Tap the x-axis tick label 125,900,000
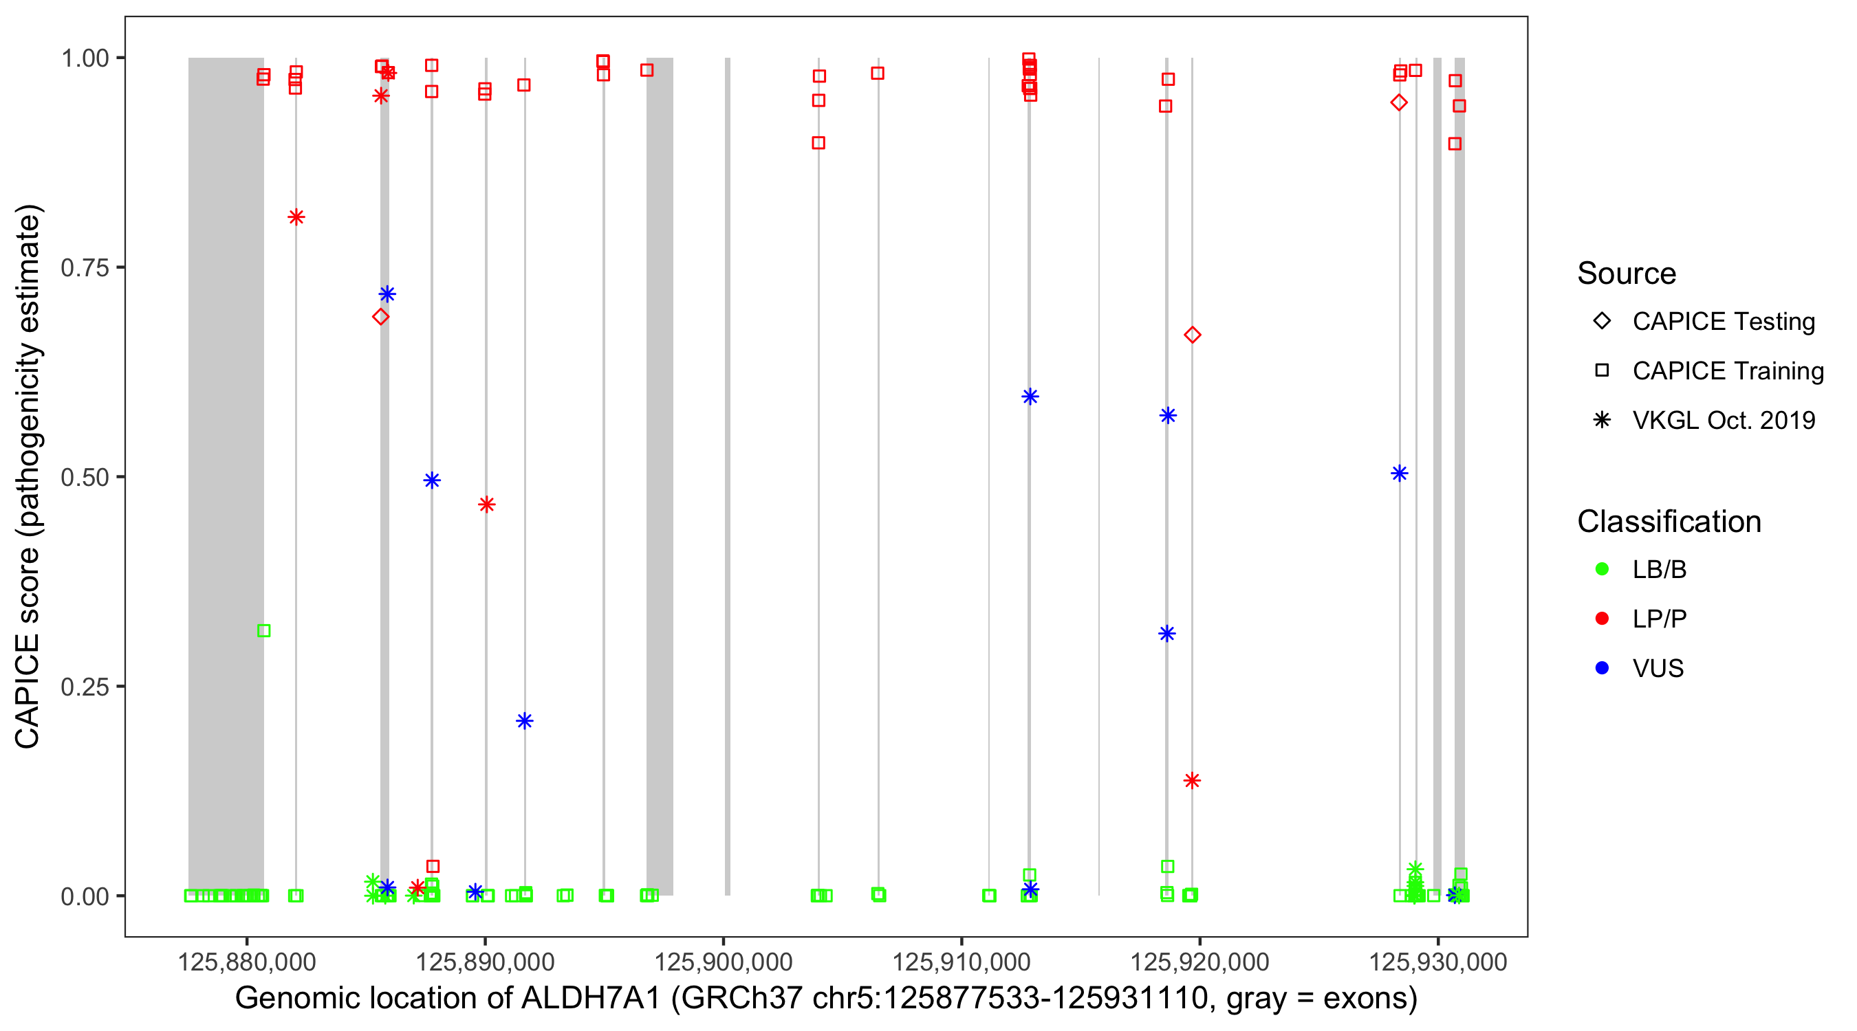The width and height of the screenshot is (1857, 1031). click(723, 962)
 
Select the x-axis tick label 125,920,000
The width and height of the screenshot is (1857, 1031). click(1199, 962)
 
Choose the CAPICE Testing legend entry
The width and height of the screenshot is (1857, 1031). click(1723, 322)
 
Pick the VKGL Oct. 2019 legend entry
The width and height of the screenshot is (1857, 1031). click(1723, 420)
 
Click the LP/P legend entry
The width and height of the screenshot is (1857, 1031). click(1659, 619)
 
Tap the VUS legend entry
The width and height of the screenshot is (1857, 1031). click(1658, 669)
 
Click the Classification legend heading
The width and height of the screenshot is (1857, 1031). click(1669, 522)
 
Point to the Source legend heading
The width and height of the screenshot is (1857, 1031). click(1627, 274)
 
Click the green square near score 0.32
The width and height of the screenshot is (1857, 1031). click(264, 631)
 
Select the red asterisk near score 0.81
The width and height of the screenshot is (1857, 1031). click(296, 218)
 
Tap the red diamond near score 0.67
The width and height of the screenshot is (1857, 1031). click(1193, 335)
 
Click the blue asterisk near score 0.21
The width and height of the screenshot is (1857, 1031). click(525, 721)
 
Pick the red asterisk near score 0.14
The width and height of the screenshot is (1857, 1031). click(1193, 781)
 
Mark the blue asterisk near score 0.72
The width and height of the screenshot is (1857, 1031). click(387, 294)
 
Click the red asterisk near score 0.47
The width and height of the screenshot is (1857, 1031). click(486, 505)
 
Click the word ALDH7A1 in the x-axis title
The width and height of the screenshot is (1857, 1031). click(590, 999)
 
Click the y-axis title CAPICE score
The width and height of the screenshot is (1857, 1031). click(28, 648)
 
